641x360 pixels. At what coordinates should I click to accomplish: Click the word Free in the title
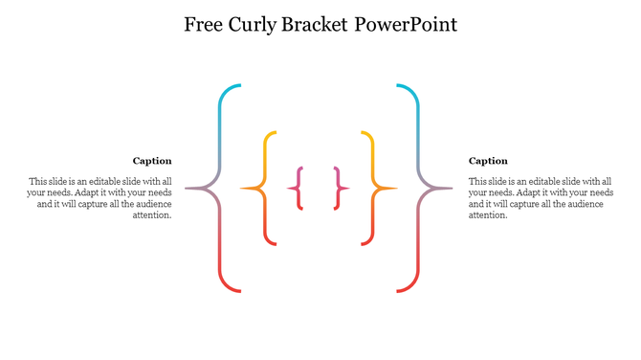204,24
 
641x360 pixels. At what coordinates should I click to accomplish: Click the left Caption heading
152,161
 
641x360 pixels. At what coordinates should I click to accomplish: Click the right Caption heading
488,161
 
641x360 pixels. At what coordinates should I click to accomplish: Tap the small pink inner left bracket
299,188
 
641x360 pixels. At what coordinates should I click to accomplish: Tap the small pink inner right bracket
338,188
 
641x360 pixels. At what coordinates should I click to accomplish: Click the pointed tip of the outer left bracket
188,188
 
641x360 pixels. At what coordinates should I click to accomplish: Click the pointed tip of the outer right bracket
451,188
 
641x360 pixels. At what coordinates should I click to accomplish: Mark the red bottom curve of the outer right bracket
412,285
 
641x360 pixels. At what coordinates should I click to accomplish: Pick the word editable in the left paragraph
108,181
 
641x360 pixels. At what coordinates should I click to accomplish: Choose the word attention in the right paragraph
488,215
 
